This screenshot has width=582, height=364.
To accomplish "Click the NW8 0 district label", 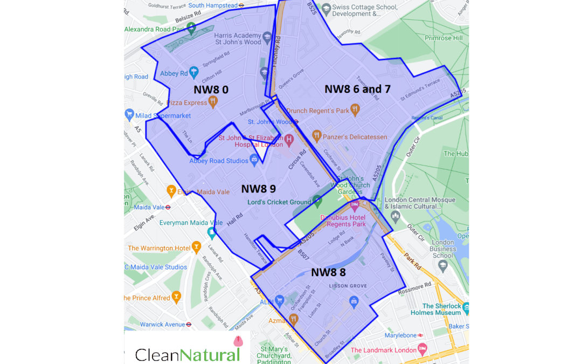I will click(211, 90).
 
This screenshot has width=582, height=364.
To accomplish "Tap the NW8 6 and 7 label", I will click(357, 89).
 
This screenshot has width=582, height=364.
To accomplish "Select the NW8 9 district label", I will click(258, 189).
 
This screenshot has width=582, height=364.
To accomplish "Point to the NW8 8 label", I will click(328, 272).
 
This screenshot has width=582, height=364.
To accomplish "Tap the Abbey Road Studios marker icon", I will click(254, 160).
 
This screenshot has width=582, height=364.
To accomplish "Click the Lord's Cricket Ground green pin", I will click(317, 202).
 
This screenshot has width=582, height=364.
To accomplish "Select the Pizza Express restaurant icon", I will click(213, 102).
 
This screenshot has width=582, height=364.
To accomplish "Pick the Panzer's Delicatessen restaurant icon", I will click(316, 136).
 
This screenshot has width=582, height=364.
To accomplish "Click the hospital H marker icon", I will click(289, 140).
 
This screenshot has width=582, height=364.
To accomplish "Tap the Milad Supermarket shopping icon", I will click(129, 115).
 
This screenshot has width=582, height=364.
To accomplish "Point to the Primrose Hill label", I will click(444, 38).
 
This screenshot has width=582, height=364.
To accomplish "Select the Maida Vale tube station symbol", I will click(168, 207).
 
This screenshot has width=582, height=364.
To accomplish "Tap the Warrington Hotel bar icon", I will click(197, 248).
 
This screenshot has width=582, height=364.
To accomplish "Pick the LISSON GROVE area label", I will click(348, 286).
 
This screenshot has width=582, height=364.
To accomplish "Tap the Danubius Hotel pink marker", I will click(355, 205).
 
